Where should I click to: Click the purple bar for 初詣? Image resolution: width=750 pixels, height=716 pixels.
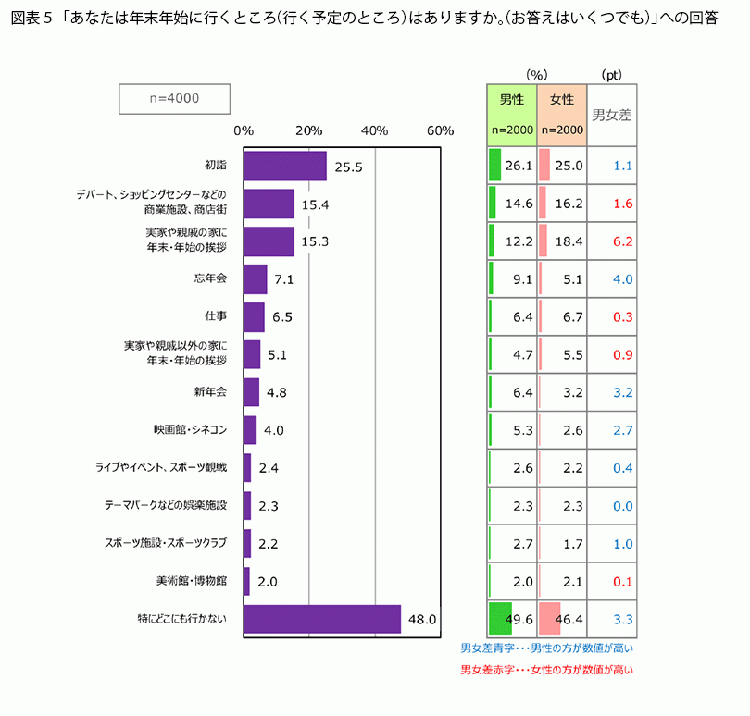285,166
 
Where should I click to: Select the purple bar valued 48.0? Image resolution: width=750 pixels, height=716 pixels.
322,619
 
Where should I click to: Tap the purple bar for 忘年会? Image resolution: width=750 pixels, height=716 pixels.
256,279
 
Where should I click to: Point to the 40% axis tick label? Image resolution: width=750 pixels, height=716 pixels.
374,130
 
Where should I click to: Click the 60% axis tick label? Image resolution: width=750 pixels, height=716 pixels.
440,130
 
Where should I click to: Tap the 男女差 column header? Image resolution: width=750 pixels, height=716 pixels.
612,115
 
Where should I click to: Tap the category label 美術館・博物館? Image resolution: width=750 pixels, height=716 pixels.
192,582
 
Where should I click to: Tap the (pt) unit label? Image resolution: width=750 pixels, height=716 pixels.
611,74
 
